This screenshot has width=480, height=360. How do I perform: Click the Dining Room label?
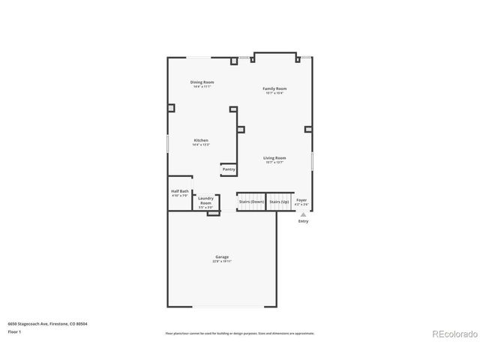[202, 82]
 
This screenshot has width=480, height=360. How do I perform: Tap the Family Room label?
[274, 88]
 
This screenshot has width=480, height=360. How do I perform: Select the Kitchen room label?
[201, 140]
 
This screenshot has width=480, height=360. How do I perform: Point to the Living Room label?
[274, 158]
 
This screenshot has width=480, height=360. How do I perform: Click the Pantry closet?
[229, 169]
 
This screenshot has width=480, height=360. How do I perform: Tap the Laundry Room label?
[205, 201]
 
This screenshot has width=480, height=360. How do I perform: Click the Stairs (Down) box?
[251, 202]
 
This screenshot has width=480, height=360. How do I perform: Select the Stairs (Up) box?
[280, 202]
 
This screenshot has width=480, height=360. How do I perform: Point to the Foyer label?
[301, 200]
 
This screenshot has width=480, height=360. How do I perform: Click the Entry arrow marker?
[303, 214]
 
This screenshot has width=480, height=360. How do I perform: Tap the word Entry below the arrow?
[303, 221]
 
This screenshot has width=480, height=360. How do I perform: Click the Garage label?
[222, 257]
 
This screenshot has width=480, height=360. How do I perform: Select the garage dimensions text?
[222, 262]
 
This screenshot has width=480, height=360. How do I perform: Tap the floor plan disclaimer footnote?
[239, 333]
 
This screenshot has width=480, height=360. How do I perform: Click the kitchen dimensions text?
[201, 145]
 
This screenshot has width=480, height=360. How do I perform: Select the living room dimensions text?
[274, 163]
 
